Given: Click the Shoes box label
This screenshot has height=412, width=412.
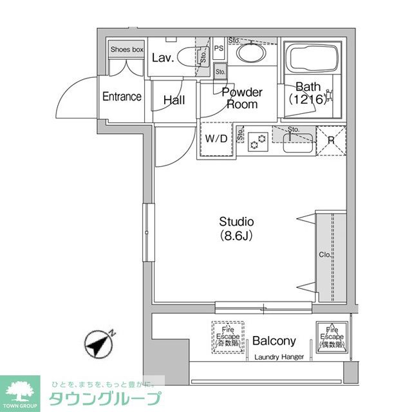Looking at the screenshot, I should tap(127, 50).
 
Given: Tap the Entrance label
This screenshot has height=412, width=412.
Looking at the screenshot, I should tap(122, 97).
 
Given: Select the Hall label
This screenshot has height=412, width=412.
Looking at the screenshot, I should tap(174, 100).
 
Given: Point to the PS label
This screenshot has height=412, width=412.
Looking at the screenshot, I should tap(219, 48).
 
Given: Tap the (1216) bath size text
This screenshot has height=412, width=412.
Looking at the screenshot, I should tap(308, 100).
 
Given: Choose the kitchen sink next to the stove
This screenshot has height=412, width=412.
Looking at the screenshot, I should tap(297, 142).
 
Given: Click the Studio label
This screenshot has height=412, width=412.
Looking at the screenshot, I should tap(236, 221).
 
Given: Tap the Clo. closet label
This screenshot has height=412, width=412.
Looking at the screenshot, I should tap(324, 255).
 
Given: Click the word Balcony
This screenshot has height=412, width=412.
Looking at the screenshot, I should tap(274, 341).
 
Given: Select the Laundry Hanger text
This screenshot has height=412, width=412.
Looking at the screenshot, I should tap(278, 358).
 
